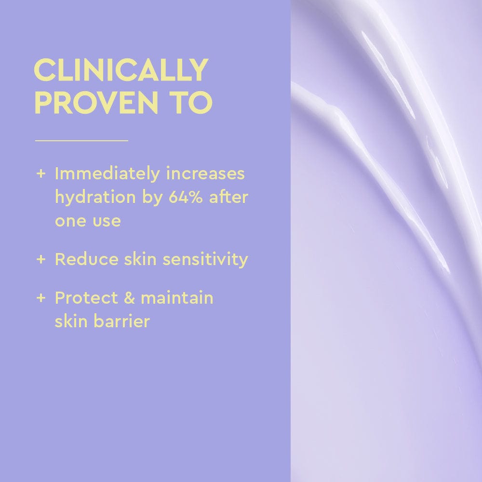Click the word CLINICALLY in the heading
coord(121,71)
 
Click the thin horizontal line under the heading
coord(81,141)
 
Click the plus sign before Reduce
coord(40,259)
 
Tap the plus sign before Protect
coord(40,298)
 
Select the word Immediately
coord(107,174)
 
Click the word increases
coord(205,174)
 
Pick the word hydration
coord(88,198)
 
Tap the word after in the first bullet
coord(228,198)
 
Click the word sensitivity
coord(205,259)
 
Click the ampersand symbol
coord(129,298)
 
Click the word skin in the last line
coord(69,321)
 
